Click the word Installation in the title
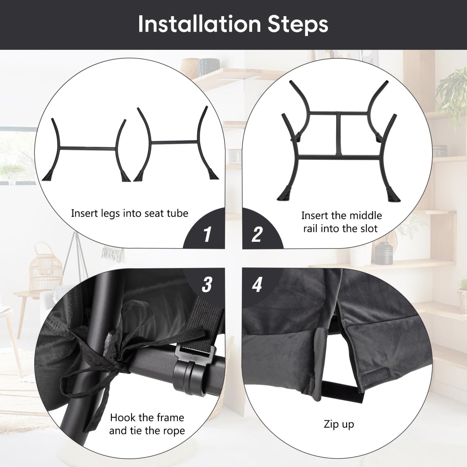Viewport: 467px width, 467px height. (199, 24)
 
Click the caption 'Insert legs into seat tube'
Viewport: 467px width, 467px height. (130, 214)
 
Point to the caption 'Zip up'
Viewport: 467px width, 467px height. (339, 424)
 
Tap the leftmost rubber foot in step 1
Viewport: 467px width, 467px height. (49, 175)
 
